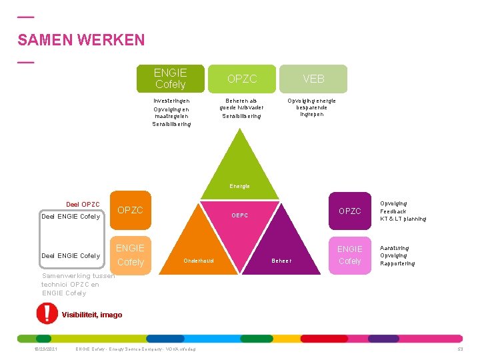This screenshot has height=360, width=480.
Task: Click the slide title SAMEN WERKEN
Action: click(81, 40)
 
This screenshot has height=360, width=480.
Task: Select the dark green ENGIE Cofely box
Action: click(170, 79)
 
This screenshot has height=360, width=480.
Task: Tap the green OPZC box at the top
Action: click(242, 79)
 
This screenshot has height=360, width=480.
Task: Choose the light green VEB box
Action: click(313, 79)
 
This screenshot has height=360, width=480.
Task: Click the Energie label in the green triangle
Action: click(239, 186)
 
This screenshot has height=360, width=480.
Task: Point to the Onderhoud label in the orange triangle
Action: click(199, 261)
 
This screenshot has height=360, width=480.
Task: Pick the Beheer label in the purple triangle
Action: click(281, 261)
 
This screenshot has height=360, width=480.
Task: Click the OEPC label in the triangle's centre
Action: click(239, 215)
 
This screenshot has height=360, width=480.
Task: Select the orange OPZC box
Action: click(130, 210)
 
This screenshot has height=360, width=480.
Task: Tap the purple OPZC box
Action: click(349, 211)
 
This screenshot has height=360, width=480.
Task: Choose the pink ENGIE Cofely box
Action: click(349, 255)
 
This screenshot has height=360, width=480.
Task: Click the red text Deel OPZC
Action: click(83, 204)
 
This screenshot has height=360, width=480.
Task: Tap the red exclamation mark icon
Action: click(47, 313)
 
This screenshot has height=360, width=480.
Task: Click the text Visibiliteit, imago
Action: click(92, 315)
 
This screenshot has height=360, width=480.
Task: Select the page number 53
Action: click(459, 349)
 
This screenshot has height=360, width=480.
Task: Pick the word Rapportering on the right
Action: click(397, 263)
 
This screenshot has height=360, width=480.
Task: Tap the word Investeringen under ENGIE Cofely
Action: click(171, 101)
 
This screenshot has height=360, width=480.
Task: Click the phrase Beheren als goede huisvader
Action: click(241, 104)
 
